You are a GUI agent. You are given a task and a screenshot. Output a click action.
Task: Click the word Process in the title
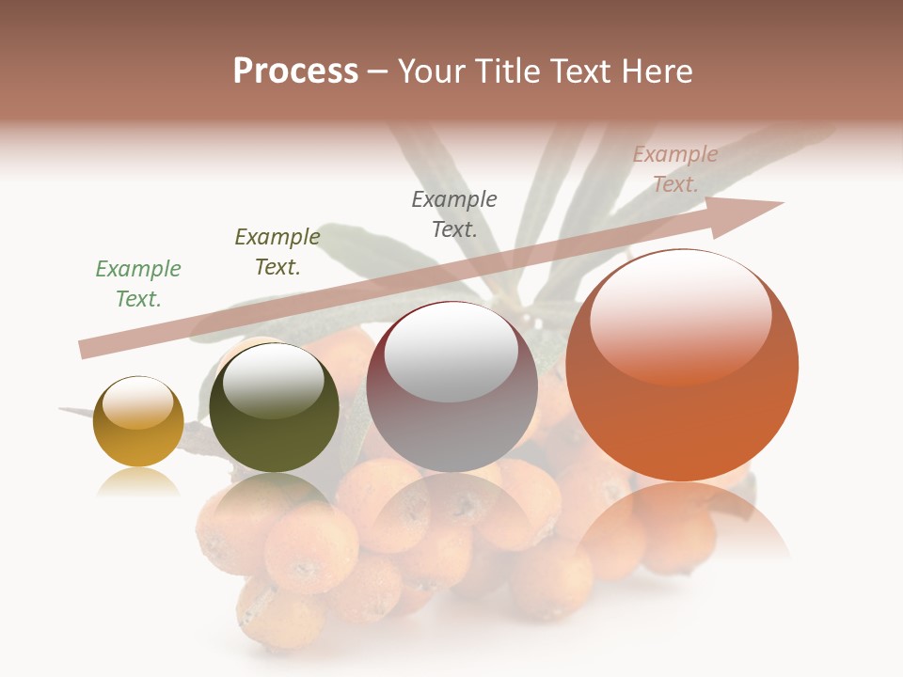tap(295, 71)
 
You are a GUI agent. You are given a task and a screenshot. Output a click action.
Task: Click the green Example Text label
tap(138, 284)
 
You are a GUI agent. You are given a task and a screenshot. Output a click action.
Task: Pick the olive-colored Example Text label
tap(277, 252)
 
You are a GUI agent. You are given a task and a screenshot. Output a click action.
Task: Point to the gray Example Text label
tap(454, 213)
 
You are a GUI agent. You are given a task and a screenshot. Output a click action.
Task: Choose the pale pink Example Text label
tap(674, 169)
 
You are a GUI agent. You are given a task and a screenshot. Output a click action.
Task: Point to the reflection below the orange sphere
tap(682, 522)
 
